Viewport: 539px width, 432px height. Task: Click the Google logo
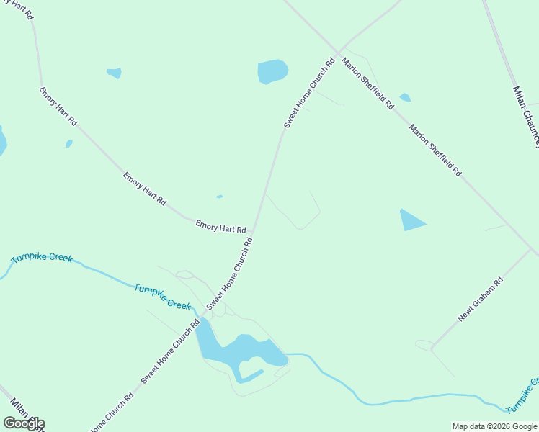coord(24,423)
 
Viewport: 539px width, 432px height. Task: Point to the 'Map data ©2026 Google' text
coord(494,426)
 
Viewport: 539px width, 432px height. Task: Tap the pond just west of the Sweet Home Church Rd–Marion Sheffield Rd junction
coord(272,71)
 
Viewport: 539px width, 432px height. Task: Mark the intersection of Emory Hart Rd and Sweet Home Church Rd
coord(253,233)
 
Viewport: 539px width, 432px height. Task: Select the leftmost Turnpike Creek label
coord(42,258)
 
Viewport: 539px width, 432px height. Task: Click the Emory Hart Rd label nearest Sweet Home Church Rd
coord(220,227)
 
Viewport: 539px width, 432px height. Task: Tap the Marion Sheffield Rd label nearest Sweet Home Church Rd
coord(367,83)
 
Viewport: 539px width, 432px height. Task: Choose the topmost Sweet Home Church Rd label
coord(310,94)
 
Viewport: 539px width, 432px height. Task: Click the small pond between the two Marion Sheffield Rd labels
coord(405,97)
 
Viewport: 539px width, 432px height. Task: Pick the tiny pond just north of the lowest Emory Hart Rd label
coord(219,197)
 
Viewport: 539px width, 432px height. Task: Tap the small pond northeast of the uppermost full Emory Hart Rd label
coord(114,73)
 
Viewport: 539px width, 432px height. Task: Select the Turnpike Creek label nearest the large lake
coord(162,296)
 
